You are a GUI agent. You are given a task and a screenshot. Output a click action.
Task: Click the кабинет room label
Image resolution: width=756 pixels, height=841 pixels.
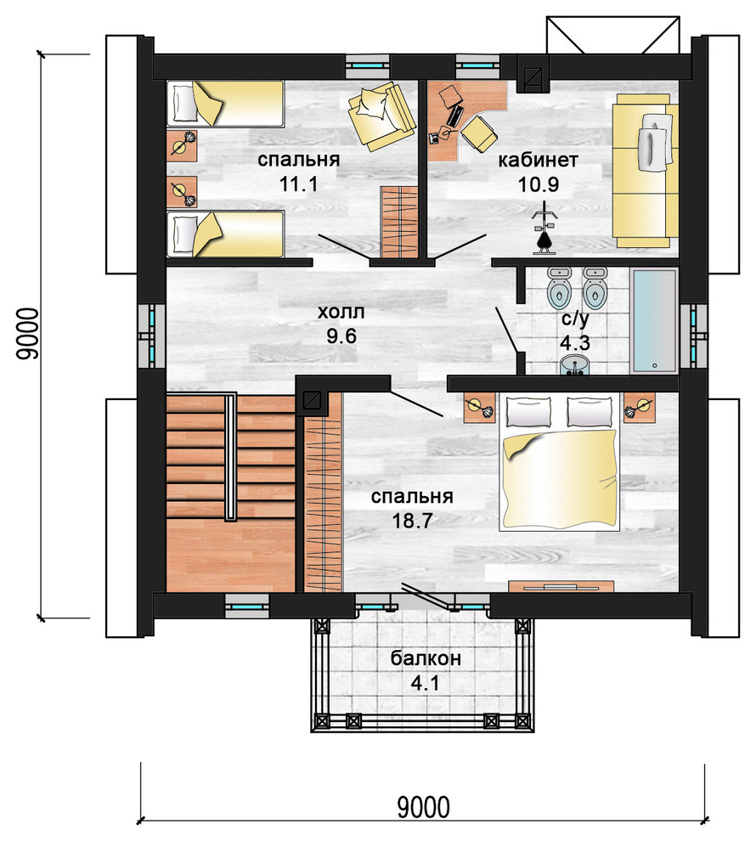point(538,160)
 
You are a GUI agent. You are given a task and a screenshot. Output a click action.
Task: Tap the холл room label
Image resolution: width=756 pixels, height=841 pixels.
point(341,312)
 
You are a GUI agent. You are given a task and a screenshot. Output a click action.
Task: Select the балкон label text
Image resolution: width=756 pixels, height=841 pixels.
point(426,658)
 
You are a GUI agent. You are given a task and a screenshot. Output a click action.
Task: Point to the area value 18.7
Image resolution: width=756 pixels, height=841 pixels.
point(412,520)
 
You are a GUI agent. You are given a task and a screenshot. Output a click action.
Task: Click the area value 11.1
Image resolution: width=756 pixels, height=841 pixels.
point(298,184)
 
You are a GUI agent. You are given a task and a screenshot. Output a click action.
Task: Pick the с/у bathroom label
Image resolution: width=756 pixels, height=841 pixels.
point(575,319)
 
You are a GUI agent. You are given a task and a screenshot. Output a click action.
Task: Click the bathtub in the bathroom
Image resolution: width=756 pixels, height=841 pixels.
point(655,320)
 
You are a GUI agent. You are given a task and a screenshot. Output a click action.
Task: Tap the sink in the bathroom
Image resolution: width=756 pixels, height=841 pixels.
point(575,366)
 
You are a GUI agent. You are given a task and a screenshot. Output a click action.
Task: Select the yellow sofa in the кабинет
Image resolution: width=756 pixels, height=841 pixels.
point(645,171)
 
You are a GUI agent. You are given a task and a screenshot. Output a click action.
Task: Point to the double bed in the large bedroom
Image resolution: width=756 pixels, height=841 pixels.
point(559,463)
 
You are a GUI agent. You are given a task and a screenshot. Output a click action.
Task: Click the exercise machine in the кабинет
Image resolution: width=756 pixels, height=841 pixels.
point(544,228)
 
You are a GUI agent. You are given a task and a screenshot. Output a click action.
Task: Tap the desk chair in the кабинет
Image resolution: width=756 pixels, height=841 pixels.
point(479,133)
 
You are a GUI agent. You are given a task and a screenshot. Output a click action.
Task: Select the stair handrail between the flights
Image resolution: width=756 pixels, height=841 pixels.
point(230,456)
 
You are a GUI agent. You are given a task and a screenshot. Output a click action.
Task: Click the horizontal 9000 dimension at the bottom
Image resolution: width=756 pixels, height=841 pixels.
point(423,807)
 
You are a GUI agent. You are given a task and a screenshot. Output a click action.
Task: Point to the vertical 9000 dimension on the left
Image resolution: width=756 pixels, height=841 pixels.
point(27,333)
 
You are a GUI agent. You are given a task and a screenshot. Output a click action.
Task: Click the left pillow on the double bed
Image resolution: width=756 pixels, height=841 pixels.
point(528,411)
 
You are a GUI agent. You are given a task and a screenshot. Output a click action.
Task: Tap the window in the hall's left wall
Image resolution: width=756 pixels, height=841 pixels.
point(151,336)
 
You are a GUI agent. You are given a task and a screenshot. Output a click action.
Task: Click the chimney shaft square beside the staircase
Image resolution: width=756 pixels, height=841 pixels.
point(312,400)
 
